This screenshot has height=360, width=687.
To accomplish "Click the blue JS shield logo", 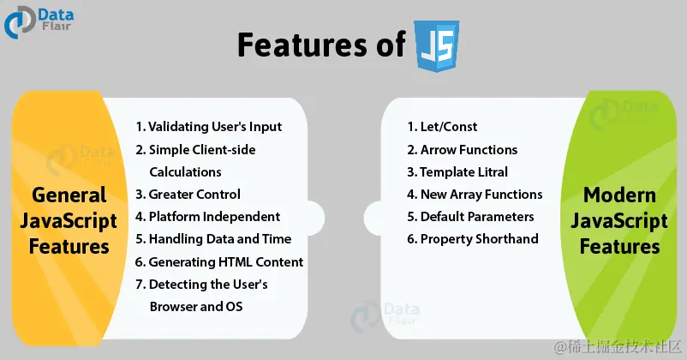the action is [437, 45].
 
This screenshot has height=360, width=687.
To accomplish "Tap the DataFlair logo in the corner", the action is [39, 22].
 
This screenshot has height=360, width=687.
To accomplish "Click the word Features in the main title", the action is [302, 45].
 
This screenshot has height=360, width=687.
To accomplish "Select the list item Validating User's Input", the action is [208, 127].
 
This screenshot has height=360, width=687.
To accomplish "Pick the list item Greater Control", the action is [188, 194].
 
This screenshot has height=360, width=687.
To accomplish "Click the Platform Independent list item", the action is [207, 217].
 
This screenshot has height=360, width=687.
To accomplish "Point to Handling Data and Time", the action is [213, 239].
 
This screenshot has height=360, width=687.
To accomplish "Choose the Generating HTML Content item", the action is [219, 261].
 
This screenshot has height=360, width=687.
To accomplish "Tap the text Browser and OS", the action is [196, 307].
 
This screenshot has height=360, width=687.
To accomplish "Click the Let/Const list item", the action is [442, 127].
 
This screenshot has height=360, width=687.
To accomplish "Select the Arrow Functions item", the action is [463, 150].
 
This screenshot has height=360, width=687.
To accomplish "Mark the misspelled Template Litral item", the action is [457, 172].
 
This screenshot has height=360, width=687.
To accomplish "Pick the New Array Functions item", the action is [475, 195].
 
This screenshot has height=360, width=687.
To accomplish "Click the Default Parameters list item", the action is [470, 217].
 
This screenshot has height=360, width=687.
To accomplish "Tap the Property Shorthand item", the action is [473, 239].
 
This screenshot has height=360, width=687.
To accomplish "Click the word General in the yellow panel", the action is [69, 195].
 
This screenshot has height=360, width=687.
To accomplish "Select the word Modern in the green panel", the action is [619, 195].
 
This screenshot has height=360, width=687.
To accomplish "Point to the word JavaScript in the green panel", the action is [619, 221].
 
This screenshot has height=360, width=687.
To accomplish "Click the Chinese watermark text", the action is [618, 347].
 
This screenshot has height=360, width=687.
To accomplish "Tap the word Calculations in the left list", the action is [185, 172].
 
